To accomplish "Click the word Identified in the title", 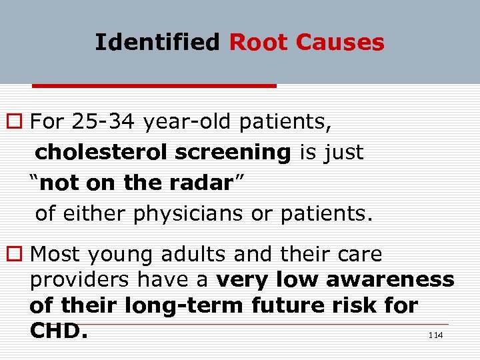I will (157, 43).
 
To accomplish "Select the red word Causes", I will (340, 43).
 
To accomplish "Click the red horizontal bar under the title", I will (154, 86).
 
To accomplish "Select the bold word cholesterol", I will (101, 153).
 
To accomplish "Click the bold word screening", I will (233, 153).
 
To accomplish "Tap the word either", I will (97, 213).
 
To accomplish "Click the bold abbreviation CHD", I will (59, 331).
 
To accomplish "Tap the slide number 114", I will (435, 336).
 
